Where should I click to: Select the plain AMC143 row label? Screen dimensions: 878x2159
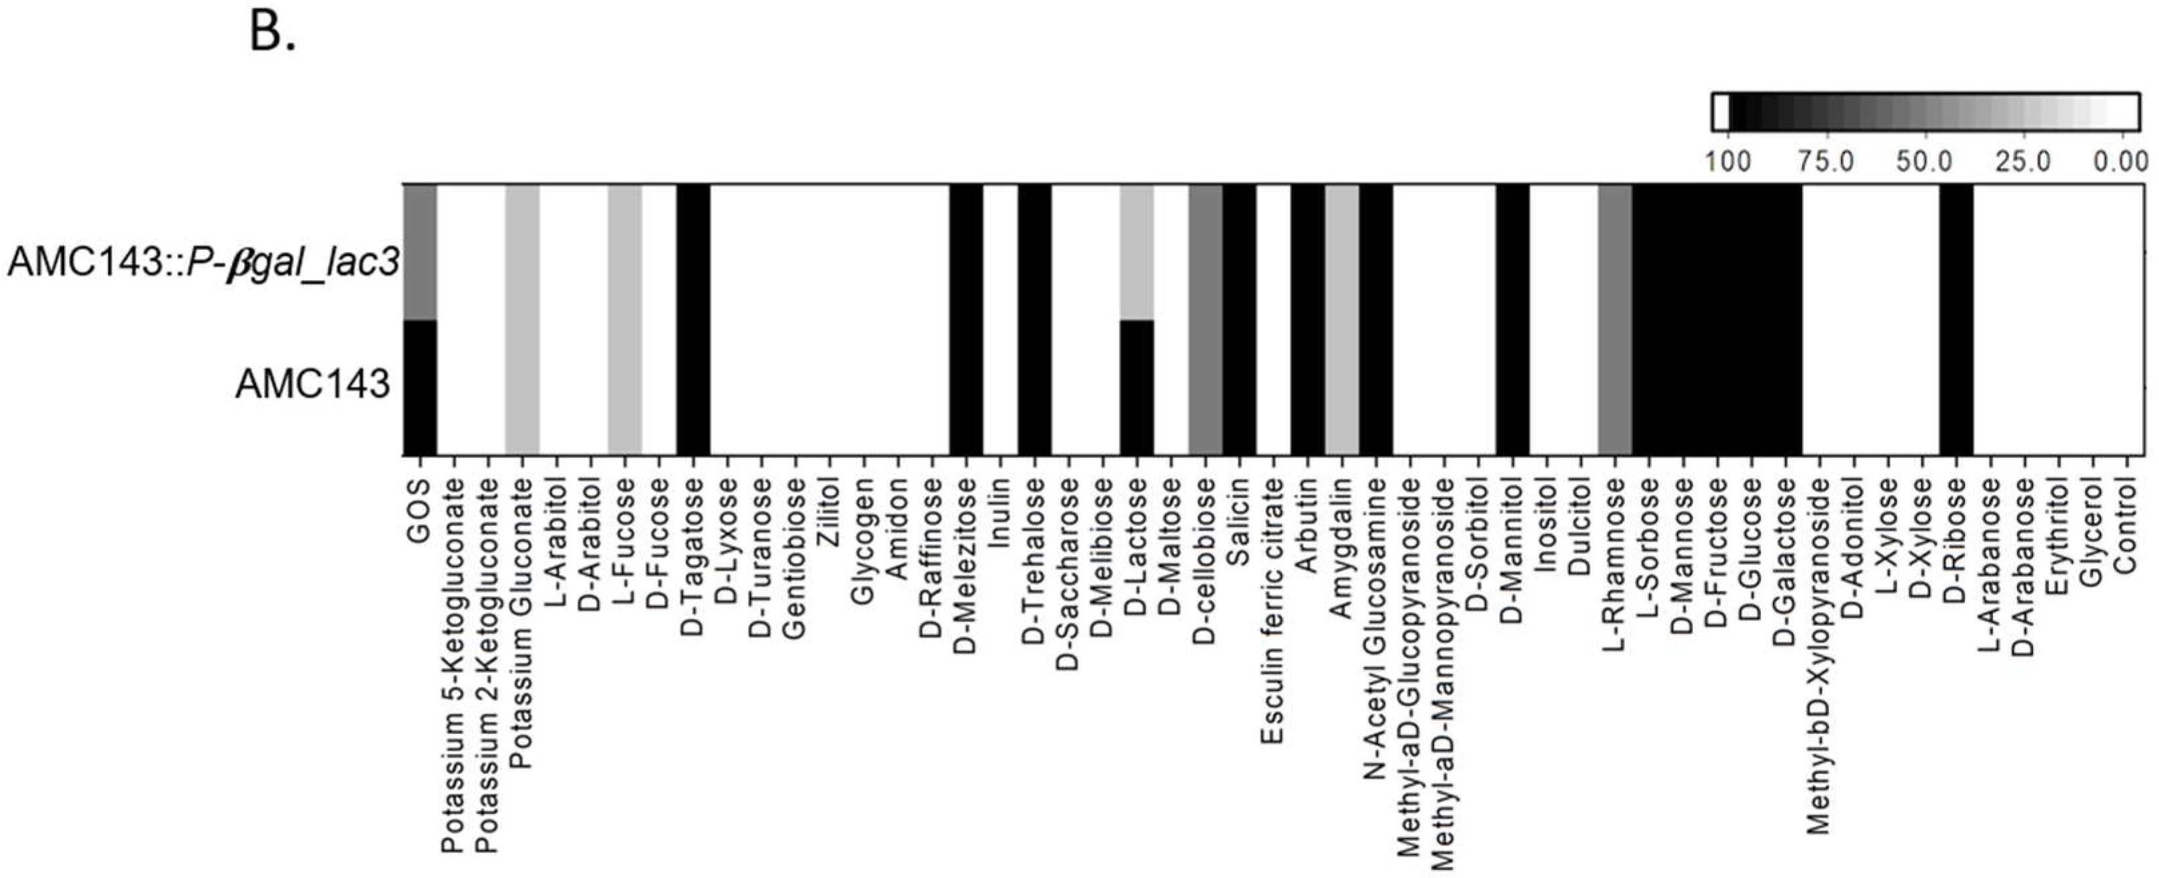[x=313, y=385]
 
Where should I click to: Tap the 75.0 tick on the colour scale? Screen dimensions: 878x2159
[x=1826, y=161]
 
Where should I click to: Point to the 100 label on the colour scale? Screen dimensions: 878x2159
[x=1728, y=161]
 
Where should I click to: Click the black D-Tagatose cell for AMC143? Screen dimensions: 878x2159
[x=693, y=387]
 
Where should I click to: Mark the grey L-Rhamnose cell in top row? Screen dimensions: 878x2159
[x=1615, y=251]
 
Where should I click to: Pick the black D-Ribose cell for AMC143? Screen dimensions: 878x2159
[x=1956, y=387]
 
